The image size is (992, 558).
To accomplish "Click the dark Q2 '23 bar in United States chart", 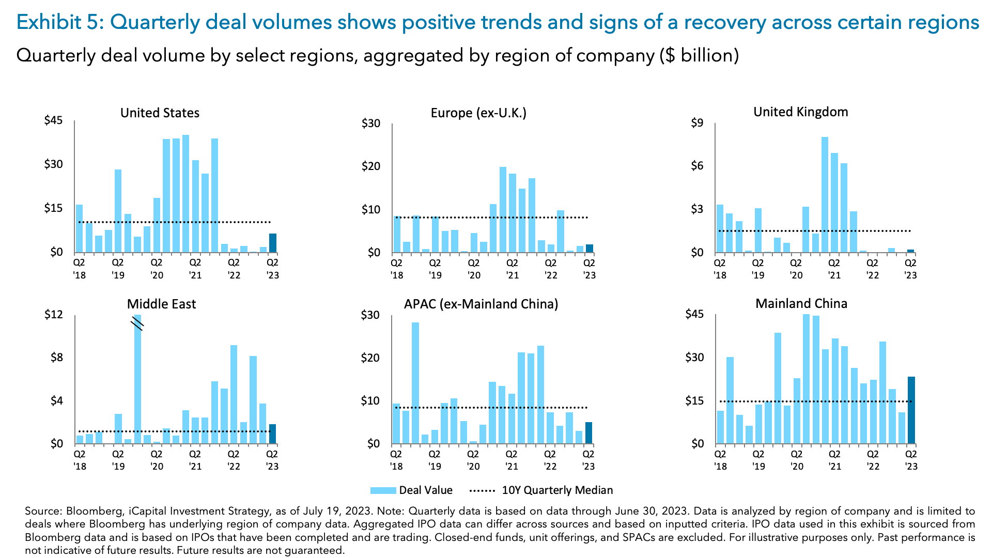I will (x=273, y=243).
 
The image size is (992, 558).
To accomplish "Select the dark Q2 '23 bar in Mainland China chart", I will (x=911, y=410).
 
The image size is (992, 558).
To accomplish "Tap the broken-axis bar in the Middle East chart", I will (x=137, y=379).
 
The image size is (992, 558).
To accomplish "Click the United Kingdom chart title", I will (x=800, y=112).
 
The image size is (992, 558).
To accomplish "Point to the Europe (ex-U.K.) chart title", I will (x=478, y=113).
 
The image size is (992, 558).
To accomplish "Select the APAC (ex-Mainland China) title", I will (x=481, y=304).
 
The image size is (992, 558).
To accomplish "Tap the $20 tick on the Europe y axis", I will (x=370, y=166).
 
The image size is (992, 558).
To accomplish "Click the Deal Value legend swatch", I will (x=383, y=490).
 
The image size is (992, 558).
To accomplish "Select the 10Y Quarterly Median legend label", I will (x=557, y=490).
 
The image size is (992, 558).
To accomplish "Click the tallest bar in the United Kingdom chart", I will (x=825, y=195).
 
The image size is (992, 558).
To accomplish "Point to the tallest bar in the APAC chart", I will (x=415, y=383).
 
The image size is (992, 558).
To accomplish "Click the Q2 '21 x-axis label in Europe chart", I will (x=512, y=269).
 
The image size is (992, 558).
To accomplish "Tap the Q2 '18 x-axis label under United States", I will (x=80, y=269).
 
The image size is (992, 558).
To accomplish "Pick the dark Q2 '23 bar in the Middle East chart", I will (x=273, y=434).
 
